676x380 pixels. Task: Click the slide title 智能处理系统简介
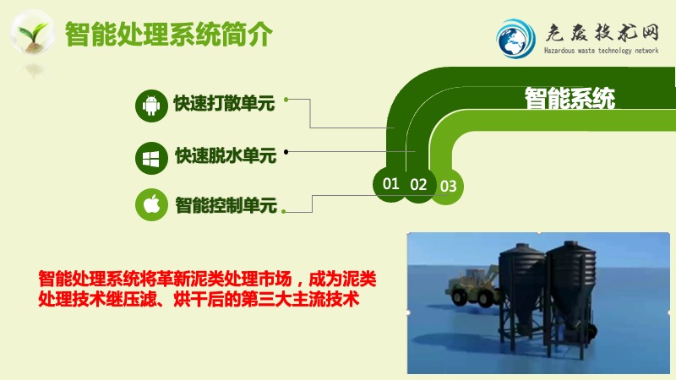pyautogui.click(x=168, y=34)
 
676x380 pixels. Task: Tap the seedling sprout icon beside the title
pyautogui.click(x=32, y=33)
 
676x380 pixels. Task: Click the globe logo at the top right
pyautogui.click(x=515, y=39)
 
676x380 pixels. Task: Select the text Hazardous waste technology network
pyautogui.click(x=601, y=51)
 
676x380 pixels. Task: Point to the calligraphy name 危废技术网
pyautogui.click(x=602, y=33)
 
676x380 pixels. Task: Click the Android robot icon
pyautogui.click(x=151, y=106)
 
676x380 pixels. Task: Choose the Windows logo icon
pyautogui.click(x=151, y=158)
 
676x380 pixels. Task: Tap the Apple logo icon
pyautogui.click(x=151, y=204)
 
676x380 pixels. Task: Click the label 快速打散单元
pyautogui.click(x=224, y=103)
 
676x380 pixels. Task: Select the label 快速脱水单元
pyautogui.click(x=226, y=155)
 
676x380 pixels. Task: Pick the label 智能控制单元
pyautogui.click(x=226, y=205)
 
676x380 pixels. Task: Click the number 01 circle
pyautogui.click(x=390, y=184)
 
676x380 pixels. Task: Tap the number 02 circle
pyautogui.click(x=418, y=185)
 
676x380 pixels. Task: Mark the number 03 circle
pyautogui.click(x=449, y=187)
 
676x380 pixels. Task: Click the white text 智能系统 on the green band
pyautogui.click(x=570, y=99)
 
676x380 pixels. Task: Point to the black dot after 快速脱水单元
pyautogui.click(x=286, y=152)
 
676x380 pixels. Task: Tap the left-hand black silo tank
pyautogui.click(x=522, y=293)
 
